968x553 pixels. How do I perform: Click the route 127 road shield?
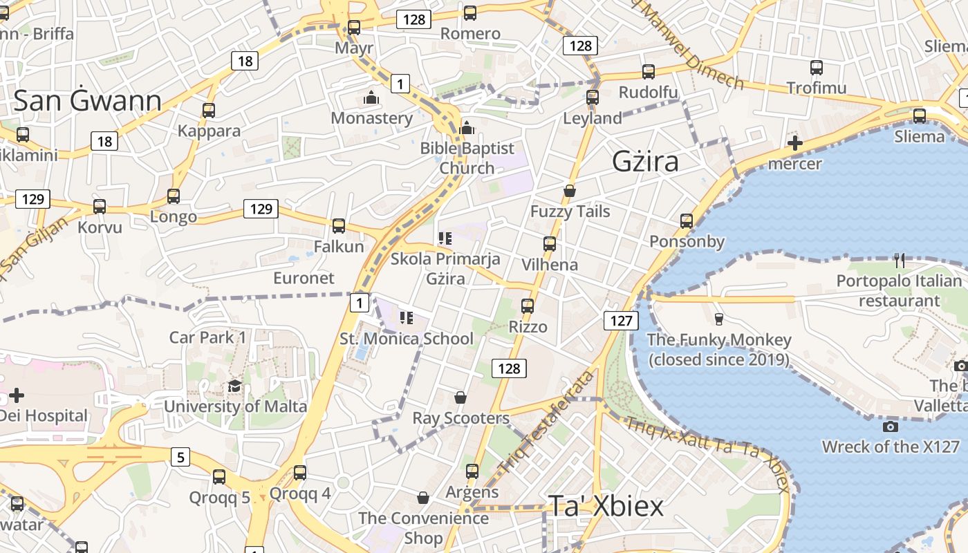pyautogui.click(x=622, y=321)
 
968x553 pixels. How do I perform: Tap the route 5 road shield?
pyautogui.click(x=180, y=457)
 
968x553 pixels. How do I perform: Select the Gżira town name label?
pyautogui.click(x=645, y=162)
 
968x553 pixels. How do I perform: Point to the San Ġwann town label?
pyautogui.click(x=87, y=101)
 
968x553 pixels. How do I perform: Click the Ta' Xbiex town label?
pyautogui.click(x=606, y=506)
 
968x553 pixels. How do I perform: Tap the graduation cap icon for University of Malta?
pyautogui.click(x=235, y=386)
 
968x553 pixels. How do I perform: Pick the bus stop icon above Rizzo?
pyautogui.click(x=528, y=306)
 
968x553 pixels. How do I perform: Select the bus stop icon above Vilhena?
pyautogui.click(x=550, y=243)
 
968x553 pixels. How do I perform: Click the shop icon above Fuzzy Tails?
pyautogui.click(x=570, y=191)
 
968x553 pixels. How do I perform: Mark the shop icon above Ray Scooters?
pyautogui.click(x=460, y=397)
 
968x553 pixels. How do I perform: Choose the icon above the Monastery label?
pyautogui.click(x=371, y=97)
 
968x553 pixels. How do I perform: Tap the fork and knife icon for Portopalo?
pyautogui.click(x=899, y=261)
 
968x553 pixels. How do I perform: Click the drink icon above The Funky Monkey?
pyautogui.click(x=718, y=319)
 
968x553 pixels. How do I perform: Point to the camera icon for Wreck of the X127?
pyautogui.click(x=891, y=427)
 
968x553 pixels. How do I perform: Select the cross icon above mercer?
pyautogui.click(x=795, y=144)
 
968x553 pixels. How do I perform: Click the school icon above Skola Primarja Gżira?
pyautogui.click(x=445, y=238)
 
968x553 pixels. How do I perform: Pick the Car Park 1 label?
pyautogui.click(x=208, y=337)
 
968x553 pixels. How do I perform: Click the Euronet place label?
pyautogui.click(x=304, y=278)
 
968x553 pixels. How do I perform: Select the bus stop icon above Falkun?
pyautogui.click(x=339, y=225)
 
